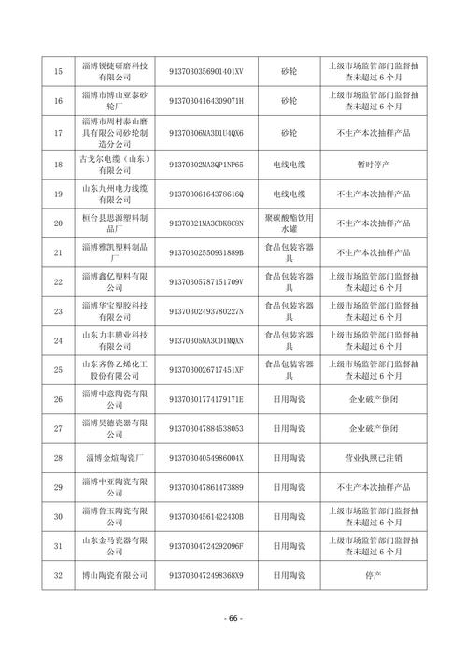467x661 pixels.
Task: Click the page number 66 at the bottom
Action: pyautogui.click(x=233, y=618)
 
